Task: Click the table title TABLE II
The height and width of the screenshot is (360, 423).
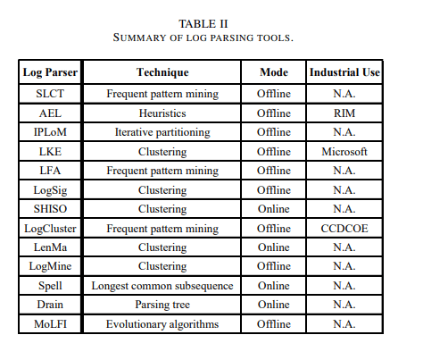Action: point(211,24)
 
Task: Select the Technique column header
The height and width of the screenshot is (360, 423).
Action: point(162,71)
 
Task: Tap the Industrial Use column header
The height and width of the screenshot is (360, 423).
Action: point(344,71)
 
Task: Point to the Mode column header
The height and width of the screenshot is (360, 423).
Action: point(273,71)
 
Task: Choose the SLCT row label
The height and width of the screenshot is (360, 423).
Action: point(50,94)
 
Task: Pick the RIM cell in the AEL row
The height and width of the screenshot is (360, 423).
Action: point(344,113)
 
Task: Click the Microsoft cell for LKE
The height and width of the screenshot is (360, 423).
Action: point(344,152)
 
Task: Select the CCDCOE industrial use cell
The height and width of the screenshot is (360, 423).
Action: point(344,229)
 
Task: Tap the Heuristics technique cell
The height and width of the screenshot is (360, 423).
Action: point(162,113)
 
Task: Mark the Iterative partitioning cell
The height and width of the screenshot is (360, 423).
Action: point(162,132)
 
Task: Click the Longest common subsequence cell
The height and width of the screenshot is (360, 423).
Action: point(162,286)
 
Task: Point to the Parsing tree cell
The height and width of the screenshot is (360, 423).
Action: point(162,306)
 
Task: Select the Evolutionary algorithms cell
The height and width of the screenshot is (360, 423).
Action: point(162,324)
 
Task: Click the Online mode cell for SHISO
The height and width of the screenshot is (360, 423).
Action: point(273,209)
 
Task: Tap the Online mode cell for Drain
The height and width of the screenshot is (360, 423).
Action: point(273,306)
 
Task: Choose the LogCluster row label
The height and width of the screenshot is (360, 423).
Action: point(50,229)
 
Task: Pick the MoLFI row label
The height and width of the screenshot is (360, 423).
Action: point(50,324)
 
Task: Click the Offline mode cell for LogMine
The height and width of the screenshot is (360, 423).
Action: point(273,267)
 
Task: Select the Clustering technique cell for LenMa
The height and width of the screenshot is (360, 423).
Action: point(162,247)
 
